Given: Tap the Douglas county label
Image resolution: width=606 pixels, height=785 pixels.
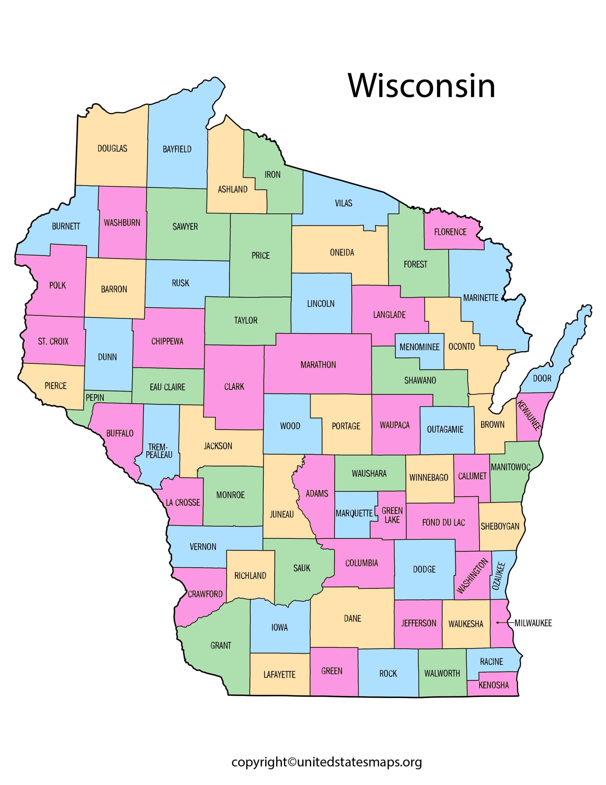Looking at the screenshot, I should point(112,148).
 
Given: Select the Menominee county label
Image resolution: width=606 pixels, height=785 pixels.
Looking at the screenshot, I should point(419,347).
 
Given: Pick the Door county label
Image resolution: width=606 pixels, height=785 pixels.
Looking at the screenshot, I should point(542,378).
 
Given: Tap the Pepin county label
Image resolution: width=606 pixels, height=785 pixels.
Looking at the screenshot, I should point(95,397).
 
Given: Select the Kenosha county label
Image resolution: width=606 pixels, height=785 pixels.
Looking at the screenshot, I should point(494,685).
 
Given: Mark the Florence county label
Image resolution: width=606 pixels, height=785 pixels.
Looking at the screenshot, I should point(450,232).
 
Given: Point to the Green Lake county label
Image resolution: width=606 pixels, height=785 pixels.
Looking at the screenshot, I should point(392,515).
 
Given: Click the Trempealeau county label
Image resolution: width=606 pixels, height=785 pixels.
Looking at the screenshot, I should point(159,451).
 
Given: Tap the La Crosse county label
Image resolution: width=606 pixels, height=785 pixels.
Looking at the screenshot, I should point(183,502).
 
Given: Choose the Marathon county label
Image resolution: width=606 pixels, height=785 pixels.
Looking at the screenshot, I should point(318,365).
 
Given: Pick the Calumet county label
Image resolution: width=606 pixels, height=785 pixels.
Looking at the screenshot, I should point(472,476).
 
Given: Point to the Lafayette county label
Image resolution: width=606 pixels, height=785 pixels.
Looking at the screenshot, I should point(279,675).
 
